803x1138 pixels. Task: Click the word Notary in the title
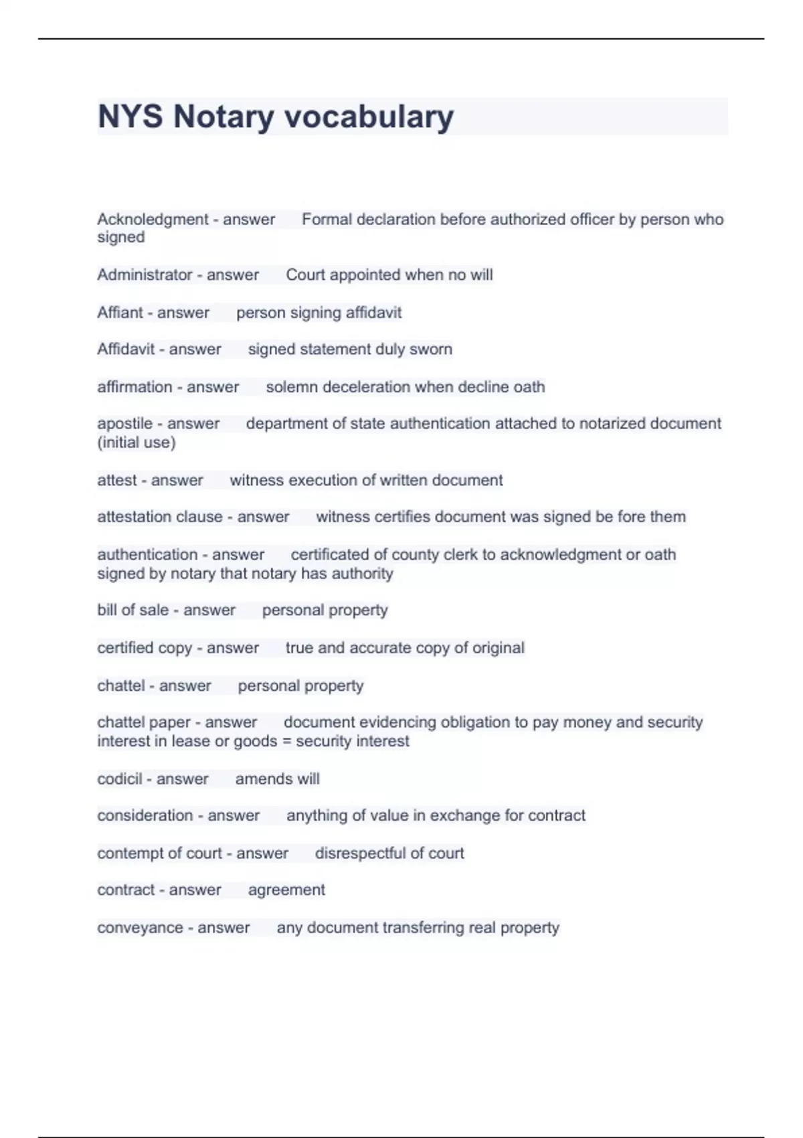coord(224,117)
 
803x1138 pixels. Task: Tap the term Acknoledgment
coord(153,220)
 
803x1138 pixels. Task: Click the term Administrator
coord(144,275)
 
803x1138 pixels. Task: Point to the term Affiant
coord(120,313)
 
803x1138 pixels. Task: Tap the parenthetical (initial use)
coord(137,442)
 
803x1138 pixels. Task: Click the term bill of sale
coord(132,611)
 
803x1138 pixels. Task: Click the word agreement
coord(286,890)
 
